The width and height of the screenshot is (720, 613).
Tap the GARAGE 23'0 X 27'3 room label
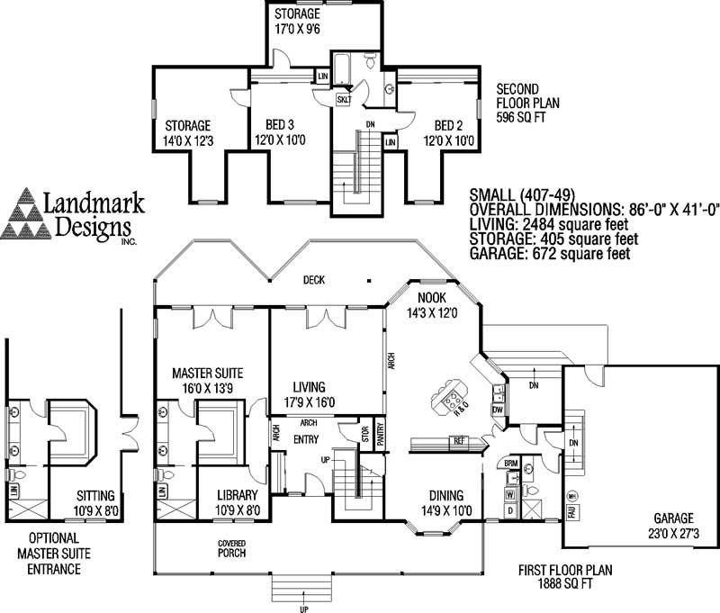(x=668, y=527)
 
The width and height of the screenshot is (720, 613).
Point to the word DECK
(x=313, y=280)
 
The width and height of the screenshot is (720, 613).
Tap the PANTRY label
(x=379, y=433)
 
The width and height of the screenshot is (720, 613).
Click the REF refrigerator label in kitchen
(x=459, y=441)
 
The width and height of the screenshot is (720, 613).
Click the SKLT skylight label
(x=344, y=100)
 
